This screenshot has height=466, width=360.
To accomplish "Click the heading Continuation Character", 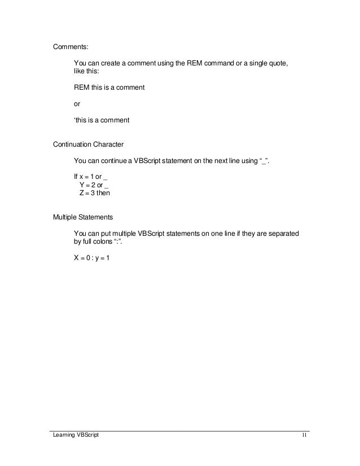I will click(x=88, y=145).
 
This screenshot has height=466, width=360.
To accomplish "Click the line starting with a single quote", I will click(x=102, y=120).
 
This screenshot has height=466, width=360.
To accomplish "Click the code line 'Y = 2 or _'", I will click(x=94, y=185).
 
